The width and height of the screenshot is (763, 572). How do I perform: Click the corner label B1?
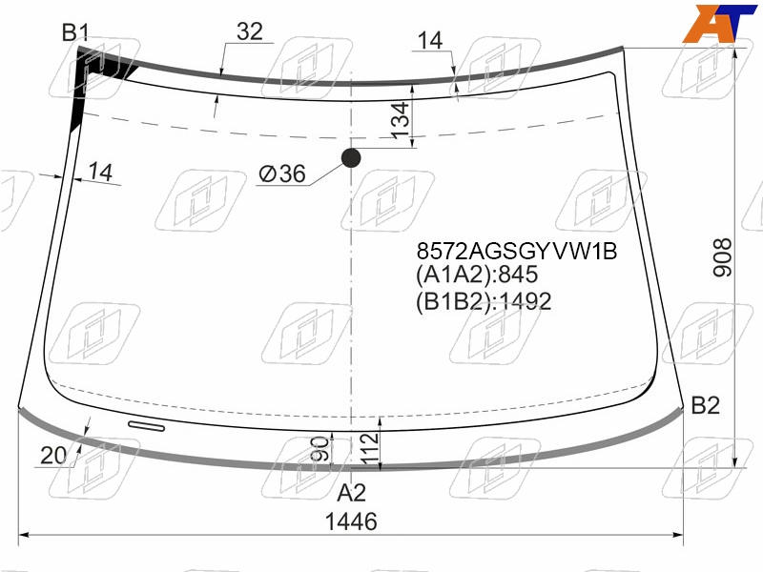pyautogui.click(x=75, y=32)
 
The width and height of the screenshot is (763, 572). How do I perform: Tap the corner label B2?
pyautogui.click(x=705, y=405)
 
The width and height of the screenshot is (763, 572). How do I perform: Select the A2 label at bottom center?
pyautogui.click(x=351, y=493)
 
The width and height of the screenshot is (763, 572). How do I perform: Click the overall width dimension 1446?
pyautogui.click(x=351, y=521)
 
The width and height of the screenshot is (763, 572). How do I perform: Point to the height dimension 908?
pyautogui.click(x=723, y=257)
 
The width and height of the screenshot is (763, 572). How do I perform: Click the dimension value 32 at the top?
pyautogui.click(x=250, y=31)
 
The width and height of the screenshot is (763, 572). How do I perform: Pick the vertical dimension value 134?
pyautogui.click(x=401, y=120)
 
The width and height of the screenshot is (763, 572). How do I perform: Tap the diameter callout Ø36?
pyautogui.click(x=282, y=174)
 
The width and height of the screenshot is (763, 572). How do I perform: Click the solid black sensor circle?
pyautogui.click(x=351, y=158)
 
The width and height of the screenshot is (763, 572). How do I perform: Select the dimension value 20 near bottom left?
pyautogui.click(x=53, y=456)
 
